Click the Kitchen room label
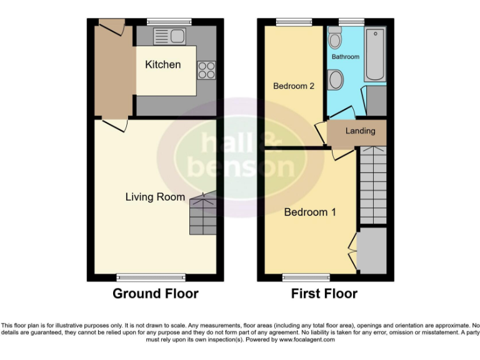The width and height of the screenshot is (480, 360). (162, 64)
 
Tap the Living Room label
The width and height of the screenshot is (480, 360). (155, 197)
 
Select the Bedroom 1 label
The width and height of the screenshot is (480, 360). (310, 212)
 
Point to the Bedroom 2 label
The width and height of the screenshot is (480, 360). (294, 86)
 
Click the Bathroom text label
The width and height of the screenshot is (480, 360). (346, 57)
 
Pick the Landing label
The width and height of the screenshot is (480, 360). (361, 131)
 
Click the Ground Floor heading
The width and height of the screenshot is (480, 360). (156, 293)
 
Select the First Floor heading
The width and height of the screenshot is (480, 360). (324, 293)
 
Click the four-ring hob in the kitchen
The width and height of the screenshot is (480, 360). (207, 70)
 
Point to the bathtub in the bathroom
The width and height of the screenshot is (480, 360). (376, 54)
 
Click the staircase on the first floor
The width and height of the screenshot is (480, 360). (373, 185)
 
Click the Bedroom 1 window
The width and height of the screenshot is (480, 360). (306, 277)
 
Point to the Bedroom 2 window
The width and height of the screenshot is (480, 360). (289, 22)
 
